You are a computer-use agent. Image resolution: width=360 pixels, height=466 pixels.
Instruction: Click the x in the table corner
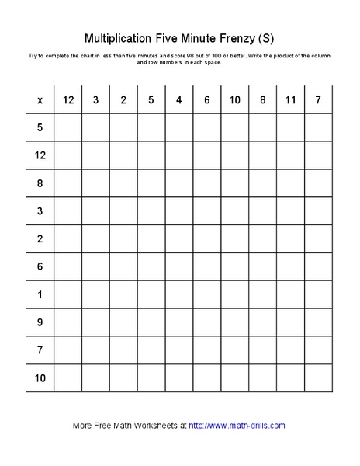coord(40,99)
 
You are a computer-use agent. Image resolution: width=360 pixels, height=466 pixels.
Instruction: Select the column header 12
coord(67,99)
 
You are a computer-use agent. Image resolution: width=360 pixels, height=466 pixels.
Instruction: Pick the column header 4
coord(178,99)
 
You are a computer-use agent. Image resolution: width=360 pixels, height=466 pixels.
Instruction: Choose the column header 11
coord(290,99)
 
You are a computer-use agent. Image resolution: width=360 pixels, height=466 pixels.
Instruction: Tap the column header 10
coord(234,99)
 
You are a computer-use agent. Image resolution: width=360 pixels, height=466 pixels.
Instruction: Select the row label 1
coord(40,295)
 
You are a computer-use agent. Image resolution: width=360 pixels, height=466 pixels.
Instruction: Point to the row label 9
coord(40,323)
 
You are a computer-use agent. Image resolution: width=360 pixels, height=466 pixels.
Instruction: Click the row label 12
coord(40,155)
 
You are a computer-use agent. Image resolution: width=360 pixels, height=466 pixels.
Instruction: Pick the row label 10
coord(40,378)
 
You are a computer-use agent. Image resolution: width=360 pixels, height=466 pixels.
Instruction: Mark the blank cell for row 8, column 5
coord(151,183)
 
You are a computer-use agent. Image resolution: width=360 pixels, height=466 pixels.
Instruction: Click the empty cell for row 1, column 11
coord(290,295)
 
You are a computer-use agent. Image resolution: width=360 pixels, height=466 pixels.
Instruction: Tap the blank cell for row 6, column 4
coord(178,267)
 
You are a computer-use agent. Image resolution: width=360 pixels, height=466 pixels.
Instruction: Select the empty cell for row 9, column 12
coord(67,323)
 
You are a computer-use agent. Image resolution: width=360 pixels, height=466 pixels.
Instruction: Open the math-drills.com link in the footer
coord(237,426)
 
